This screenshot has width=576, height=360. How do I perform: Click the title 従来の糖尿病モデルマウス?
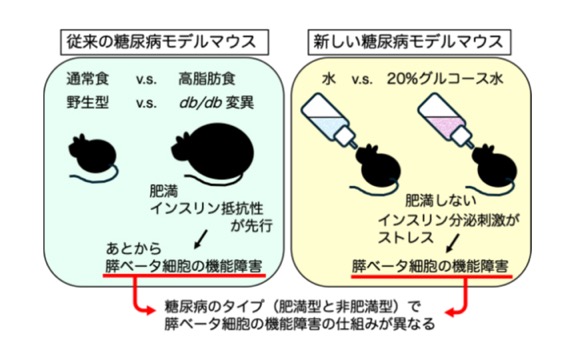(x=161, y=42)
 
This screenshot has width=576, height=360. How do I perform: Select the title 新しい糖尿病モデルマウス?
(x=408, y=42)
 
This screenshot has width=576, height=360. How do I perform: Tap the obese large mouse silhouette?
(x=213, y=152)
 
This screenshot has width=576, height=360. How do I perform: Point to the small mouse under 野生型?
(x=93, y=157)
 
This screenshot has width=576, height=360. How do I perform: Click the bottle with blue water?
(x=328, y=119)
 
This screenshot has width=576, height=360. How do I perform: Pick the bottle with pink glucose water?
(x=444, y=120)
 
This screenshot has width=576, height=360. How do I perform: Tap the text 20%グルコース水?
(x=444, y=79)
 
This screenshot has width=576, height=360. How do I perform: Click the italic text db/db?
(x=200, y=103)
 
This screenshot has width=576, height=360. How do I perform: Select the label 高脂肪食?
(x=207, y=79)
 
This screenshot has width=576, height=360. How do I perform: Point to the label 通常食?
(x=88, y=79)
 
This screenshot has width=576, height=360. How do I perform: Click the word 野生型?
(x=88, y=103)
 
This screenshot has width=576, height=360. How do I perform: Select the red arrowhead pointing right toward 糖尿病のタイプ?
(x=148, y=311)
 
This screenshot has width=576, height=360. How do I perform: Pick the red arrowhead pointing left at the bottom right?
(x=451, y=313)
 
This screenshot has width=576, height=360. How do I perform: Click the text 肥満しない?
(x=440, y=201)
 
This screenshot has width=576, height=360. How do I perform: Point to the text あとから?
(x=133, y=248)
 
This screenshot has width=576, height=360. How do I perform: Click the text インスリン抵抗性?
(x=207, y=209)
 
